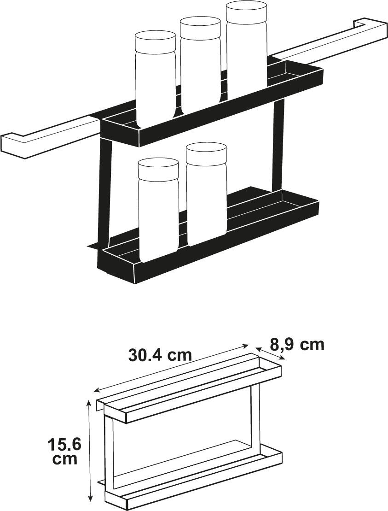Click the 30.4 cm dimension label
[x=160, y=355]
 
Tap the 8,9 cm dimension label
[x=298, y=344]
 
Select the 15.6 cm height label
[x=64, y=452]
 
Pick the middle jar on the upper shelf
[x=201, y=65]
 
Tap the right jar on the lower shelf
[x=207, y=194]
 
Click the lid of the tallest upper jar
[x=246, y=11]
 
